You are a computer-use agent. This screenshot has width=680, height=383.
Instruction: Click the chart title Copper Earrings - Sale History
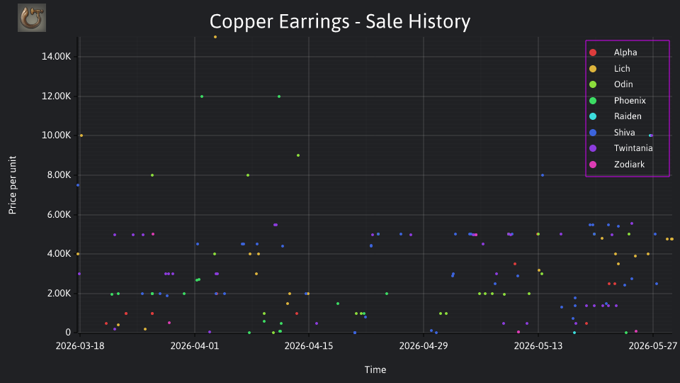(x=340, y=22)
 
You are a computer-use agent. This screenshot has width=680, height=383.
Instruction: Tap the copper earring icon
(x=32, y=18)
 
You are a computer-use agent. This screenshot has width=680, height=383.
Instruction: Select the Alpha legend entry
(x=615, y=52)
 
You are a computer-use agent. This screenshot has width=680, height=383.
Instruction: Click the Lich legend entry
(x=611, y=69)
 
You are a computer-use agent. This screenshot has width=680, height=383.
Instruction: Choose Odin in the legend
(x=612, y=84)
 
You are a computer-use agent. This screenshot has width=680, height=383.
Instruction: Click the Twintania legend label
(x=633, y=148)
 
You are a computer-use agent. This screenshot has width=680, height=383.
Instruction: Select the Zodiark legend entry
(x=618, y=165)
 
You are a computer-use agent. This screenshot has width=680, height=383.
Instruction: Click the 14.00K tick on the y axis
(x=57, y=57)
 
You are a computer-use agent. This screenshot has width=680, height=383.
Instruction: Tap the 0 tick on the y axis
(x=68, y=333)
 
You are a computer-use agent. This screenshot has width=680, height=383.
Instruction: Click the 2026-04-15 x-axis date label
(x=309, y=346)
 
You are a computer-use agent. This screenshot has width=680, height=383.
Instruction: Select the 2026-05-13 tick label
(x=538, y=346)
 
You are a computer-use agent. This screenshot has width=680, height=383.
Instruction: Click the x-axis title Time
(x=375, y=370)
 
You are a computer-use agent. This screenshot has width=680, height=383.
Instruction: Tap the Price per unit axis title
(x=13, y=185)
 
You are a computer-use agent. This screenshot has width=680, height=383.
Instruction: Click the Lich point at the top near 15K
(x=215, y=37)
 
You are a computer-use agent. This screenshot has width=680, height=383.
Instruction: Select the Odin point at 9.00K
(x=298, y=155)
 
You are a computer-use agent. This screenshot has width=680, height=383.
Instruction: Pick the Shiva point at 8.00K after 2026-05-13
(x=543, y=175)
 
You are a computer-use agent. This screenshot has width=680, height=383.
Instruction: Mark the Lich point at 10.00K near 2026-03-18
(x=81, y=135)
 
